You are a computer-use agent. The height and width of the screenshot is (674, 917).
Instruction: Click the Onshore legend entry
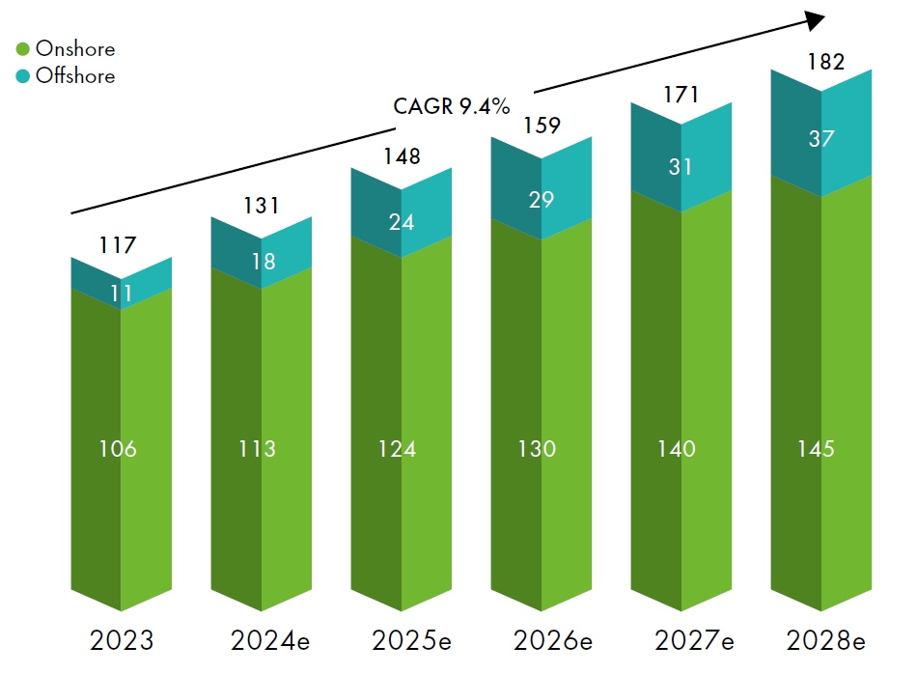coord(66,49)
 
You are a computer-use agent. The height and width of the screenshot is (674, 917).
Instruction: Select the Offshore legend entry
coord(66,76)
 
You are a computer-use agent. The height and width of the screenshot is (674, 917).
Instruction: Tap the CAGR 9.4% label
coord(451,106)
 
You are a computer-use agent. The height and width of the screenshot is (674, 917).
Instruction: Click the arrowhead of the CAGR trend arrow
coord(817,19)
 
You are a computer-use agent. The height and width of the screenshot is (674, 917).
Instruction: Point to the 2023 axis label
coord(122,640)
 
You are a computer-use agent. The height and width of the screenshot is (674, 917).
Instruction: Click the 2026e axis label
coord(541,640)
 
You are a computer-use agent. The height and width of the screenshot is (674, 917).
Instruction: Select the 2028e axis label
coord(821,640)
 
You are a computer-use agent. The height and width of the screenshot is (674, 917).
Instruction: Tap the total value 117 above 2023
coord(118,246)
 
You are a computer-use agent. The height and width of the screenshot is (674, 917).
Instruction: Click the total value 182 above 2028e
coord(825,63)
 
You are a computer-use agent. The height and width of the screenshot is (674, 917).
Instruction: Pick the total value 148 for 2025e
coord(401,155)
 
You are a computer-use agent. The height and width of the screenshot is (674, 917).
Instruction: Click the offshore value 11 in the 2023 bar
coord(122,293)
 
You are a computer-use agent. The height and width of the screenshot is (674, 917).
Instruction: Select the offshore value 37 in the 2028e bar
coord(821,139)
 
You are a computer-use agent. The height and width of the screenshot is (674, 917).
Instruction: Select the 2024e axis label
coord(261,640)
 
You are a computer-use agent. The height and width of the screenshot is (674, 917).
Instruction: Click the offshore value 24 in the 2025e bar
coord(402,221)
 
